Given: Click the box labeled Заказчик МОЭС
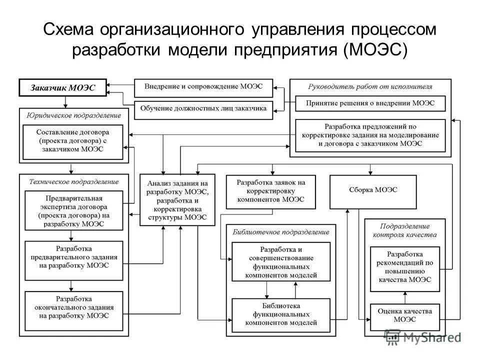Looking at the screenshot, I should click(x=63, y=87).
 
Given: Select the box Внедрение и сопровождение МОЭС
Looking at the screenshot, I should click(x=203, y=87).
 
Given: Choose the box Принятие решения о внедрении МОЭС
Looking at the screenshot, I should click(x=370, y=103).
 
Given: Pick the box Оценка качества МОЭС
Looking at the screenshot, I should click(x=405, y=315).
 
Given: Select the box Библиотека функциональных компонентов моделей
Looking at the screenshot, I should click(x=281, y=315).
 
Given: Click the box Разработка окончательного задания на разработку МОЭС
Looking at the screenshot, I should click(x=73, y=310).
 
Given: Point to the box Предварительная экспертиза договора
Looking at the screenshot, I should click(x=73, y=210).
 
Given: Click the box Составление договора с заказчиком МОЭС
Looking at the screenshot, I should click(x=73, y=142).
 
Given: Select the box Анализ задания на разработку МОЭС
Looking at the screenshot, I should click(x=177, y=199).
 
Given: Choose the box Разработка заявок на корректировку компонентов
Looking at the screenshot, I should click(x=270, y=191).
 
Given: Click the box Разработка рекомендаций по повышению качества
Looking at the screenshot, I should click(x=405, y=269).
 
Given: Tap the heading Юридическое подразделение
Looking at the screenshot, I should click(x=73, y=115).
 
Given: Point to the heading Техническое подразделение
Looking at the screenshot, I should click(x=73, y=181).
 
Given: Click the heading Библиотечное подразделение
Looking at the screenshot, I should click(x=281, y=232).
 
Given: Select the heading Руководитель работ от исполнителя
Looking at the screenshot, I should click(x=370, y=86).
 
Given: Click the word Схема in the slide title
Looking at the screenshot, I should click(x=69, y=30).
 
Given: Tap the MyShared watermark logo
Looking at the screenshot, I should click(x=423, y=337).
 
